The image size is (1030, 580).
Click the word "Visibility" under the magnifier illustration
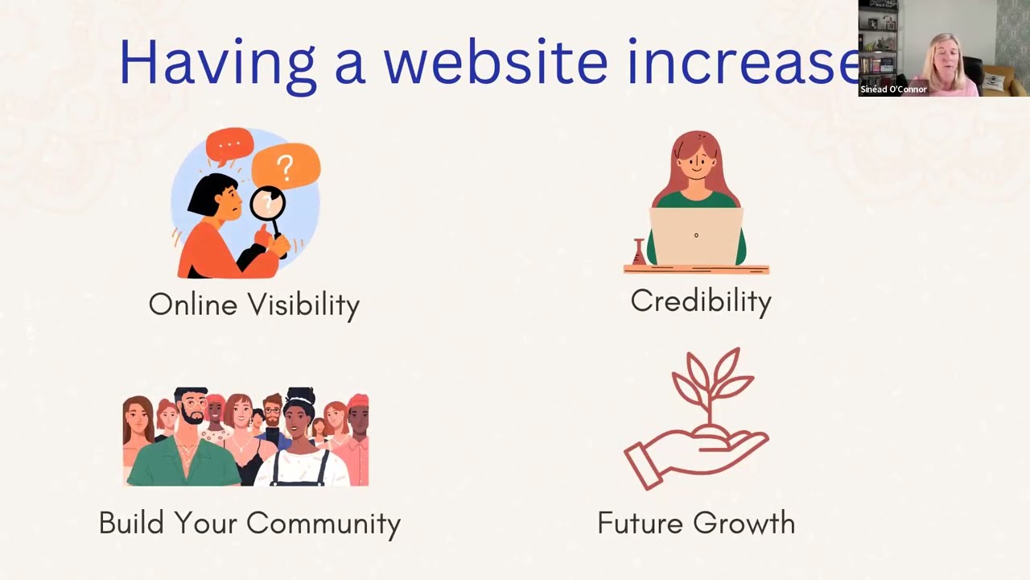pyautogui.click(x=303, y=305)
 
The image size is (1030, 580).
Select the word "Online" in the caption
pyautogui.click(x=192, y=304)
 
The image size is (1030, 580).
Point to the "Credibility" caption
pyautogui.click(x=700, y=301)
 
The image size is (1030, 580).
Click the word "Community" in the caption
pyautogui.click(x=323, y=524)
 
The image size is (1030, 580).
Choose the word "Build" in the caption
pyautogui.click(x=131, y=524)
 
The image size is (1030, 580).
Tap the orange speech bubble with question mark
pyautogui.click(x=286, y=165)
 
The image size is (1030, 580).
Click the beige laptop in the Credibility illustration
pyautogui.click(x=696, y=236)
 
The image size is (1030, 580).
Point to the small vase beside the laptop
pyautogui.click(x=639, y=252)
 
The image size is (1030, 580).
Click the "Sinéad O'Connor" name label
pyautogui.click(x=893, y=89)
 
